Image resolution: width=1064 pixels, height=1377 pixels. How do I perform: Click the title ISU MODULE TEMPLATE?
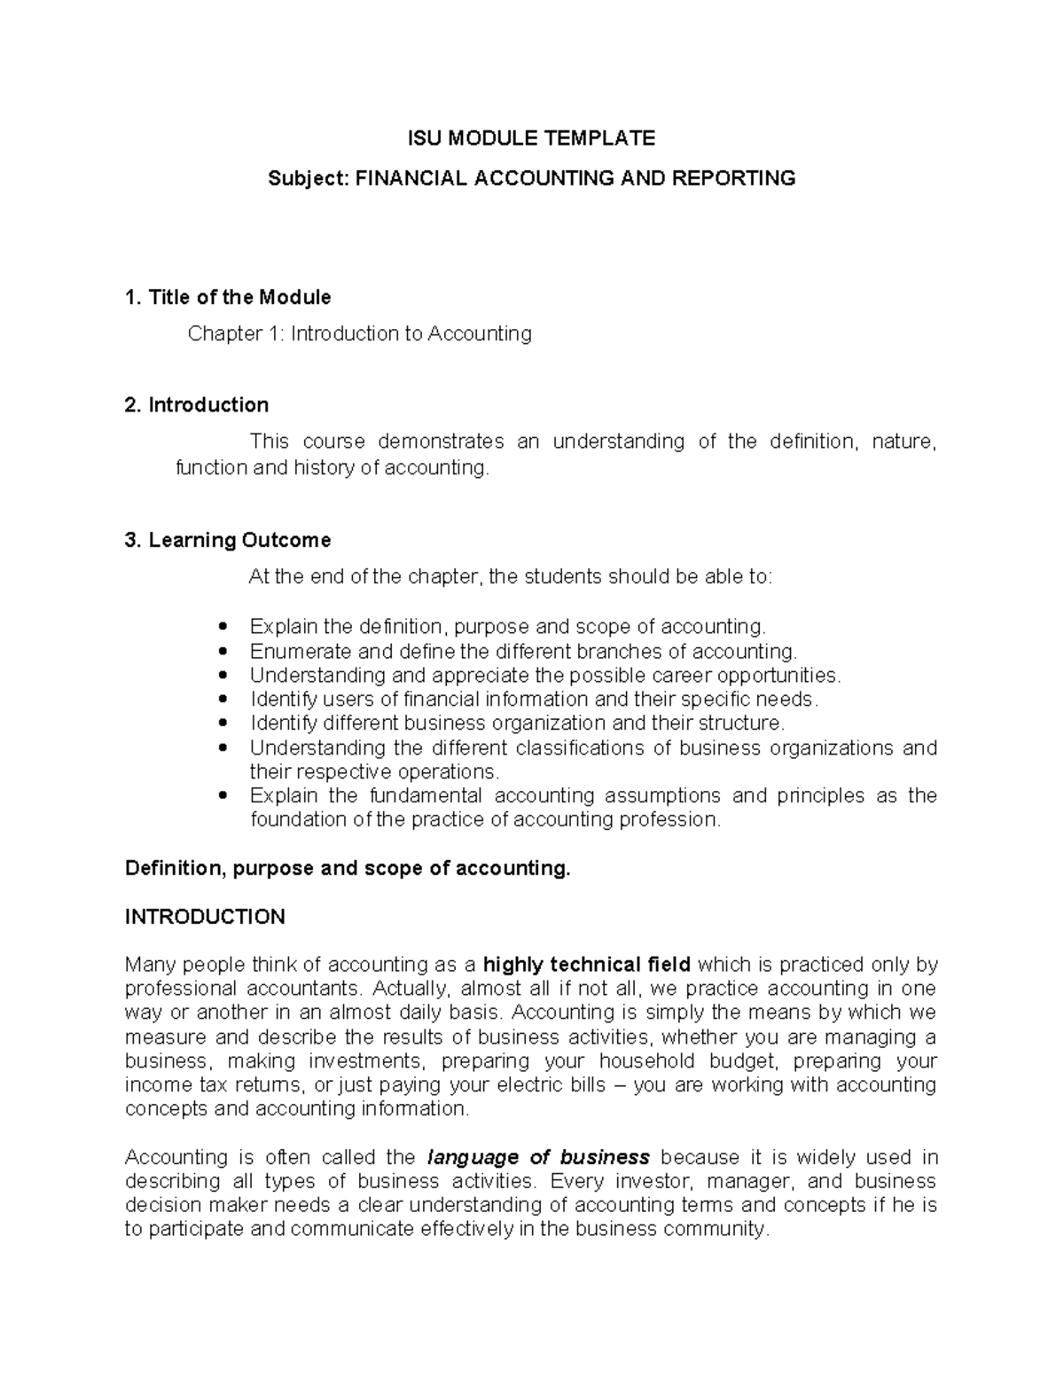point(531,137)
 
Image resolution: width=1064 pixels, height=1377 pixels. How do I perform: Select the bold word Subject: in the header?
point(308,178)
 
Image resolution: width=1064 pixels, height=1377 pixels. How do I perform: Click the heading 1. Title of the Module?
point(228,297)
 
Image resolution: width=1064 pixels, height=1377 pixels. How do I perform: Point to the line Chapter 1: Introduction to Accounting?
point(359,333)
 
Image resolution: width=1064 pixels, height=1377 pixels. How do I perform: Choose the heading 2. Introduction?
point(197,405)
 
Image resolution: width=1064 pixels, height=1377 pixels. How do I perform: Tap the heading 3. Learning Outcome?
point(228,540)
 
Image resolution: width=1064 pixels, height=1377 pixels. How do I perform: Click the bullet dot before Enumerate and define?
point(223,652)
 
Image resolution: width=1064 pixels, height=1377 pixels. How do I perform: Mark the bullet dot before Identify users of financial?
point(223,700)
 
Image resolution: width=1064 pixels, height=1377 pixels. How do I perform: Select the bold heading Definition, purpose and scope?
point(348,868)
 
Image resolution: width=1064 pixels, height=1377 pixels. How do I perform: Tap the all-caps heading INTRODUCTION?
point(205,917)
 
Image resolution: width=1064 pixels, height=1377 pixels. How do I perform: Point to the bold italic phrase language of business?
point(538,1157)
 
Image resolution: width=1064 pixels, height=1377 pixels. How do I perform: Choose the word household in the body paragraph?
point(647,1061)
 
